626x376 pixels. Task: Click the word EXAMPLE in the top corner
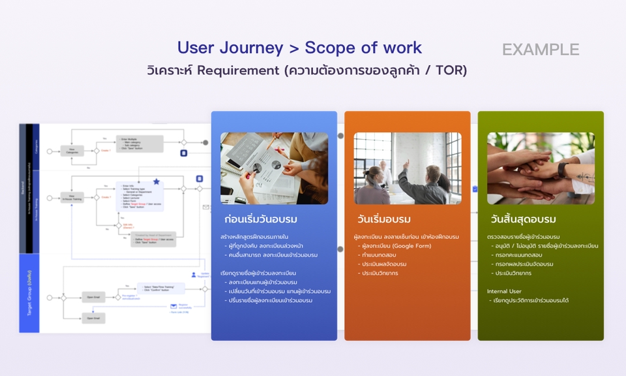[x=541, y=50]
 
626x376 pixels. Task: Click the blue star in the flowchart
[x=156, y=181]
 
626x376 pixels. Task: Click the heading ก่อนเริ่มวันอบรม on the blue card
[x=260, y=219]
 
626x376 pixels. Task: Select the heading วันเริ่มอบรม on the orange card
[x=384, y=219]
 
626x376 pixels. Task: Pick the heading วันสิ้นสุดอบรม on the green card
[x=523, y=219]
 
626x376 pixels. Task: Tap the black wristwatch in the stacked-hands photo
[x=562, y=171]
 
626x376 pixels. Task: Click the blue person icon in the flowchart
[x=193, y=275]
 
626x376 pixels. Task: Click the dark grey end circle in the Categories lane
[x=205, y=142]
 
